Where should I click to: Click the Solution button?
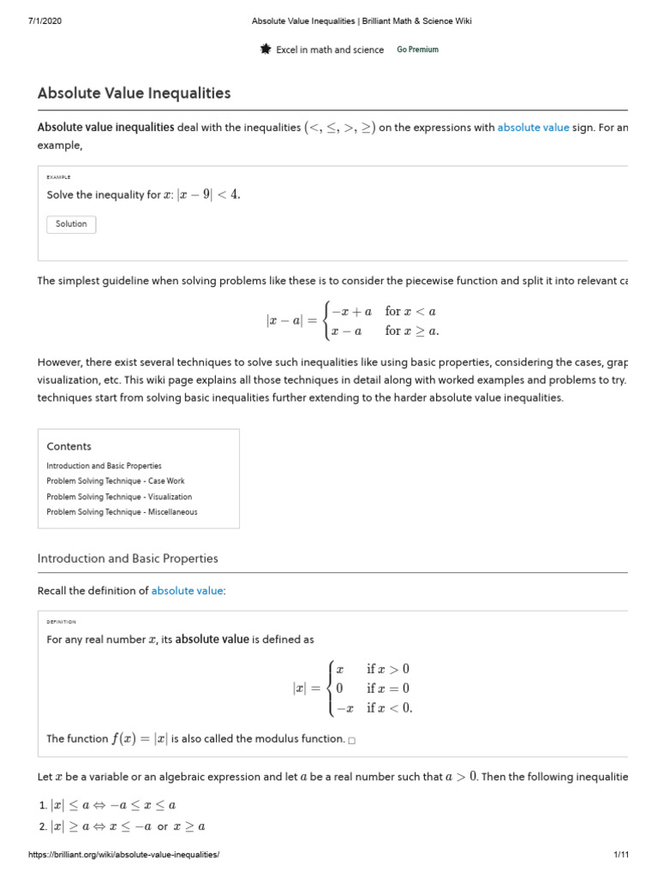coord(71,224)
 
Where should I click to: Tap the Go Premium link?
coord(417,50)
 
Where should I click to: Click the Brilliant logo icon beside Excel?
coord(266,50)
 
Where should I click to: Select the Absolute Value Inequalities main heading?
coord(134,93)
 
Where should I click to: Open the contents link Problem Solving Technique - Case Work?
coord(116,481)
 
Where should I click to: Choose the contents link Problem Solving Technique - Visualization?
coord(119,497)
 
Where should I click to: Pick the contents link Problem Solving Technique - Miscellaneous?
coord(122,512)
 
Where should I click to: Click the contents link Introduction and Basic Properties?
coord(104,466)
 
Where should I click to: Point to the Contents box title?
coord(69,446)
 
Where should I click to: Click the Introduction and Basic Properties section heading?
coord(128,558)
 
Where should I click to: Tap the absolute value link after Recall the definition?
coord(188,591)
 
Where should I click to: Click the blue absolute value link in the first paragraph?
coord(533,128)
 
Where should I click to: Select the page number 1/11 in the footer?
coord(621,855)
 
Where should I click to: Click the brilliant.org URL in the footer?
coord(124,855)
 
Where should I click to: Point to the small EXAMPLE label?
coord(59,177)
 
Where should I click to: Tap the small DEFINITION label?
coord(62,622)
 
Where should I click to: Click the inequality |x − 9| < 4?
coord(208,194)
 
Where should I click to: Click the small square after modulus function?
coord(352,740)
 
